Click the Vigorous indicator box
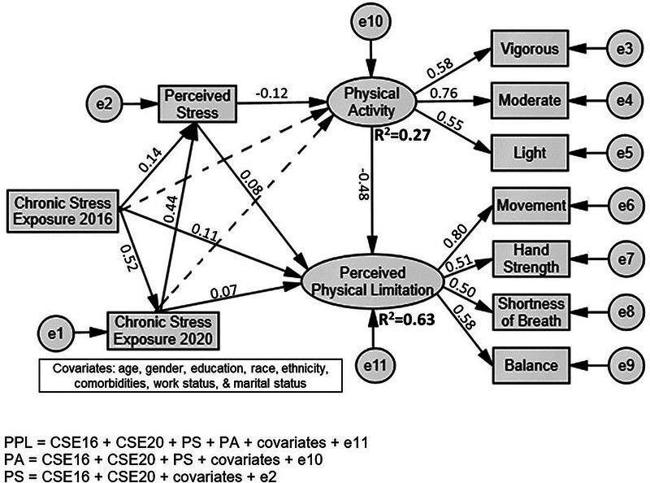pyautogui.click(x=528, y=49)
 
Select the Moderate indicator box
pyautogui.click(x=528, y=100)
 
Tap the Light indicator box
pyautogui.click(x=528, y=151)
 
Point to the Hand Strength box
pyautogui.click(x=528, y=258)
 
